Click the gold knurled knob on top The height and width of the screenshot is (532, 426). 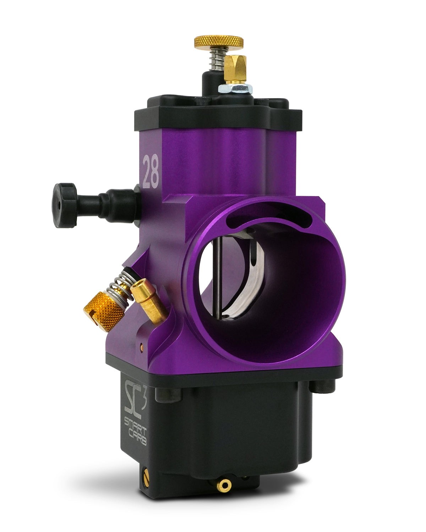219,41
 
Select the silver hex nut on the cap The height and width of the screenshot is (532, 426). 235,89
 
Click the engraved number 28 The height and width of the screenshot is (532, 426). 151,172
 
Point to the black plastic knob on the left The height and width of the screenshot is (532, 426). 65,205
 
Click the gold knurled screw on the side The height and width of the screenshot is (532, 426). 104,311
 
